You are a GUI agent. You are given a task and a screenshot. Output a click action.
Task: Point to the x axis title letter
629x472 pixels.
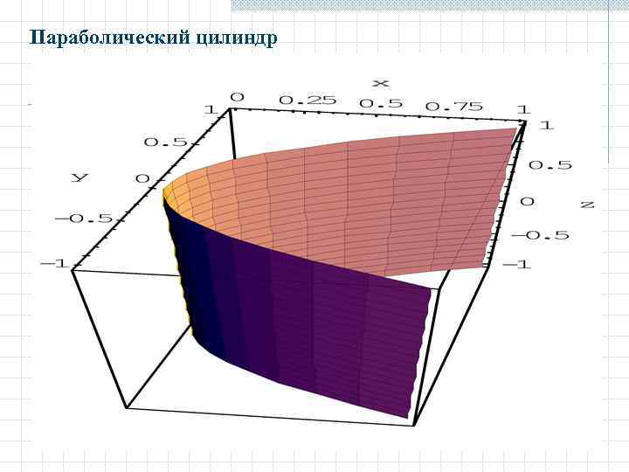tap(380, 83)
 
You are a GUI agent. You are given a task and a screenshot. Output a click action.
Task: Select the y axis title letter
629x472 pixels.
tap(79, 177)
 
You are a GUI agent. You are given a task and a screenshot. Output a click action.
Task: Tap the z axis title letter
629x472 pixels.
tap(587, 204)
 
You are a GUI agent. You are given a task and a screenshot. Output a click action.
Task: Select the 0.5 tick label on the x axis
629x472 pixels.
tap(381, 103)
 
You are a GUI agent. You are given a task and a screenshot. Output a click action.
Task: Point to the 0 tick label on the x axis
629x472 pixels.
tap(237, 96)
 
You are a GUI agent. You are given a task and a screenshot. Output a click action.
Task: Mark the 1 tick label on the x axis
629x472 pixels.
tap(522, 108)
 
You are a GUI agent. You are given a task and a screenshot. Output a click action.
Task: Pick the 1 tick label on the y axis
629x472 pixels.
tap(210, 110)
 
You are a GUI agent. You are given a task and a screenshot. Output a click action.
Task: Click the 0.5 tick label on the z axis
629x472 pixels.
tap(550, 164)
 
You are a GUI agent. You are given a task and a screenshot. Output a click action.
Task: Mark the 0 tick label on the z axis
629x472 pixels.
tap(527, 200)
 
